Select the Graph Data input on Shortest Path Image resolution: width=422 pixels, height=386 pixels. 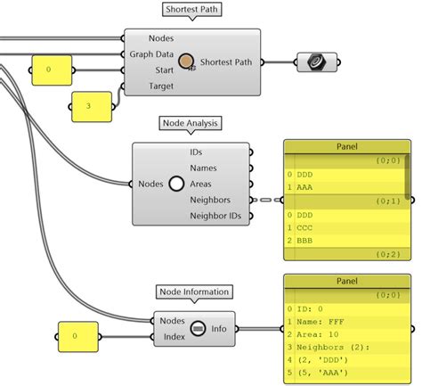pyautogui.click(x=152, y=53)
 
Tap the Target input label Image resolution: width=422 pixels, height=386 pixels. pyautogui.click(x=161, y=86)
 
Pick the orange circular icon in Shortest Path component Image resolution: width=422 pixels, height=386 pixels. pyautogui.click(x=188, y=61)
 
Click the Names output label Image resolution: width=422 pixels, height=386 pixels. pyautogui.click(x=205, y=168)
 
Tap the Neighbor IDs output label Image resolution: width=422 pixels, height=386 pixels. pyautogui.click(x=215, y=216)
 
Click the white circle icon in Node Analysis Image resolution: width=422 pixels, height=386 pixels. pyautogui.click(x=176, y=185)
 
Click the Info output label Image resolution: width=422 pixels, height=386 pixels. pyautogui.click(x=219, y=328)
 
